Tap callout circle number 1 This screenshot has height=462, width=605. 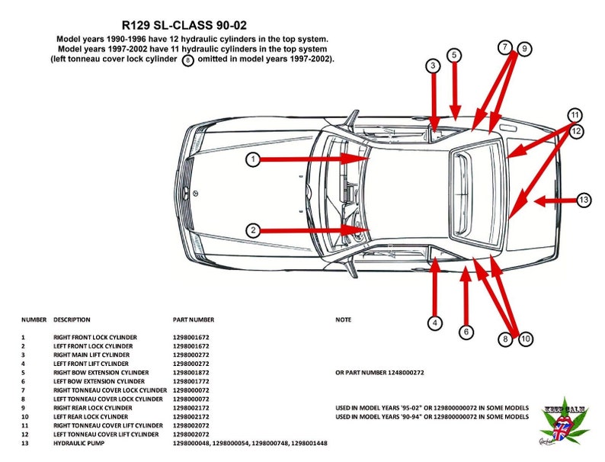point(253,159)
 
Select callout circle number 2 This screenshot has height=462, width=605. point(253,229)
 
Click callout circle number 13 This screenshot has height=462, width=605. point(584,201)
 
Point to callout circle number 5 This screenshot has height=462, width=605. point(454,55)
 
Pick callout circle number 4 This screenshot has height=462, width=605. point(434,323)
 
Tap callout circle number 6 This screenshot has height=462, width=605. point(466,332)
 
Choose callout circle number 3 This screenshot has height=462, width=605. point(433,66)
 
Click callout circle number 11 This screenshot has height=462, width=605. point(575,115)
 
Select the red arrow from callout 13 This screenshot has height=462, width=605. point(552,201)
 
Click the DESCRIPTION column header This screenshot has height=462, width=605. point(72,319)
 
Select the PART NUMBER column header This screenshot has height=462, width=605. point(194,319)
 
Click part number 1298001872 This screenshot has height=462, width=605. point(191,373)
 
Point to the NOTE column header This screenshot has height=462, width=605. point(343,319)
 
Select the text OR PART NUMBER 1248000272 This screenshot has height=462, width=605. point(379,373)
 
